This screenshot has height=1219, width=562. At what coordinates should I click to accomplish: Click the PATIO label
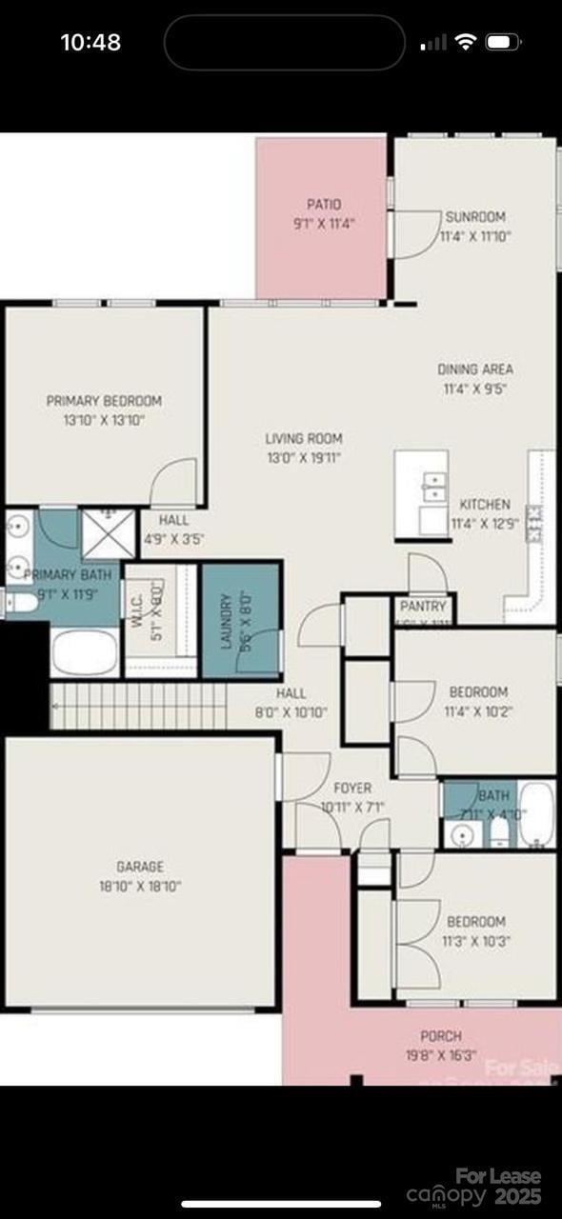tap(324, 204)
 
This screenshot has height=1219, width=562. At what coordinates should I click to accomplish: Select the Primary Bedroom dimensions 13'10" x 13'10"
tap(104, 419)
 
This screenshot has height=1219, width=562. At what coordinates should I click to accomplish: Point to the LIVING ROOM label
tap(303, 439)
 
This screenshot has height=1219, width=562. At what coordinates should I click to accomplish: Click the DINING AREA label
tap(475, 369)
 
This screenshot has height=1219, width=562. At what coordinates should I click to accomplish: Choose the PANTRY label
tap(423, 606)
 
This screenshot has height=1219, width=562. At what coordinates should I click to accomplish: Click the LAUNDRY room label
tap(227, 621)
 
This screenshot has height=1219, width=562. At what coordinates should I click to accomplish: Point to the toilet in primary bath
tap(18, 604)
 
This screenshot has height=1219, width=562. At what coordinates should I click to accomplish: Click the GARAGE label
tap(140, 867)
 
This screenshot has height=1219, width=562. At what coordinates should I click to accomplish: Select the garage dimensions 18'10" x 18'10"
tap(140, 886)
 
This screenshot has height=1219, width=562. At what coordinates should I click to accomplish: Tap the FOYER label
tap(351, 789)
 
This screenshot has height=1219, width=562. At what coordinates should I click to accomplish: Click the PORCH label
tap(441, 1036)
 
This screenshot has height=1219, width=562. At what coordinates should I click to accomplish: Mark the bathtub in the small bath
tap(536, 815)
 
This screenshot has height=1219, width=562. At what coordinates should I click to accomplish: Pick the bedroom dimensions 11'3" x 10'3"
tap(476, 941)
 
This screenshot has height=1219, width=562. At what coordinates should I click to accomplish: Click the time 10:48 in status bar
tap(90, 42)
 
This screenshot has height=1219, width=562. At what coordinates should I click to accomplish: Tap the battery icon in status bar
tap(501, 42)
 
